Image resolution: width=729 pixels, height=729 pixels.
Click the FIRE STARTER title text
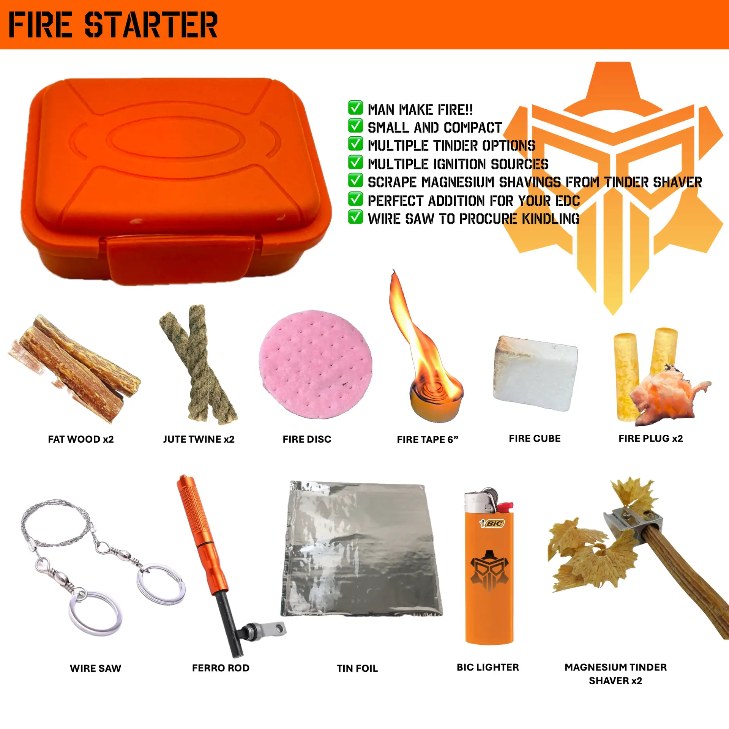coord(113,25)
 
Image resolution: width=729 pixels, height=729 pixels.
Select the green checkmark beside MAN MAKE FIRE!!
coord(355,108)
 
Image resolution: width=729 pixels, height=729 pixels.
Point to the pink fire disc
coord(316,364)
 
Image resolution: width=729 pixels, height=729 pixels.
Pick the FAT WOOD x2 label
coord(81,439)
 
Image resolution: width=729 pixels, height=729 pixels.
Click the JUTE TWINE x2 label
coord(199,439)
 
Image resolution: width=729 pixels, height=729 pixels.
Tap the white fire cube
coord(535,374)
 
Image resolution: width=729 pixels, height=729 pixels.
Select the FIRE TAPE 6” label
coord(428,440)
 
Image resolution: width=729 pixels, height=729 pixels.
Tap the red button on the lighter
coord(505,507)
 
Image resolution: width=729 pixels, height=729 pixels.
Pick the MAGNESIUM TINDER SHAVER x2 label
coord(615,674)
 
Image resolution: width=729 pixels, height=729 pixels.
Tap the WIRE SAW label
coord(95,668)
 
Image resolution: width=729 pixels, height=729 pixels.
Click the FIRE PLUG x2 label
coord(650,439)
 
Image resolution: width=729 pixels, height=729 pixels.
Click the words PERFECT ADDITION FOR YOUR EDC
coord(474,200)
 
